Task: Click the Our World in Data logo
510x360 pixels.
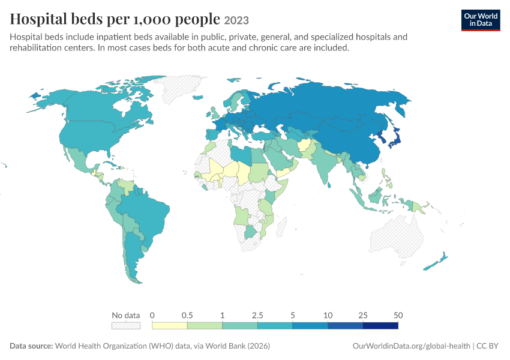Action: [x=481, y=20]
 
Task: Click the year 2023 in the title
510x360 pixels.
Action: [x=236, y=20]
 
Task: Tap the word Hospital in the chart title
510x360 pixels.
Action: [x=38, y=19]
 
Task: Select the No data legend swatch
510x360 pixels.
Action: [x=126, y=326]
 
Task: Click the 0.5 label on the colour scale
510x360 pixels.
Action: [x=187, y=315]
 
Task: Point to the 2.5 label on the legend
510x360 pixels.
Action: [x=257, y=315]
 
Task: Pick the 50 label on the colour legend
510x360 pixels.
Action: [x=398, y=315]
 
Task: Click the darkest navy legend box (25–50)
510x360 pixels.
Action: [x=380, y=326]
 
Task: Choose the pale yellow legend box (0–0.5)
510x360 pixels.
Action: [x=169, y=326]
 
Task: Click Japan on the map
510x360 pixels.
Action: [x=395, y=139]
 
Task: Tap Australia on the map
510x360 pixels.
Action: [x=397, y=236]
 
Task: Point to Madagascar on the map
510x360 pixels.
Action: [x=281, y=227]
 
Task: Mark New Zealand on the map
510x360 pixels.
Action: [x=436, y=261]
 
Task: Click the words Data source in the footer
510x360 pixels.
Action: [x=31, y=346]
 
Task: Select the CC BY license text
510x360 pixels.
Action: [x=487, y=346]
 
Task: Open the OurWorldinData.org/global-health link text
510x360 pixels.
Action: [x=412, y=346]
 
